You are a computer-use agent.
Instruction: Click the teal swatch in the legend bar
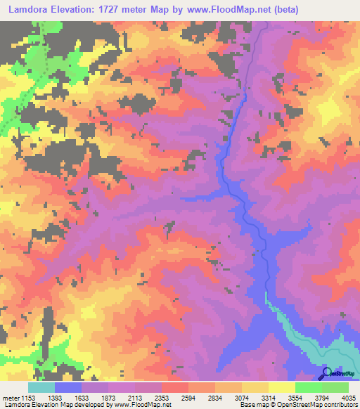tap(41, 387)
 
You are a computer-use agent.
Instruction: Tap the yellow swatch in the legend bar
tap(281, 387)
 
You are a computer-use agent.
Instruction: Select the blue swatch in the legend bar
tap(68, 387)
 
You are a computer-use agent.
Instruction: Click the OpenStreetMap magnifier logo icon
tap(328, 373)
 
